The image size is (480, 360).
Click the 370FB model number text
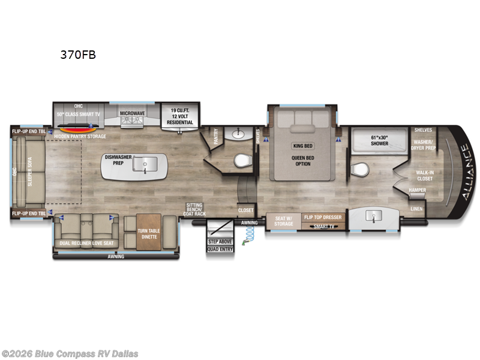coord(77,55)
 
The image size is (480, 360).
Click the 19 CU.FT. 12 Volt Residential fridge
coord(180,116)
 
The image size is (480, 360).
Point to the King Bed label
coord(302,146)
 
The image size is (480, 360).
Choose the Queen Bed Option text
coord(302,160)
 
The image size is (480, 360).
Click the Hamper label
coord(417,190)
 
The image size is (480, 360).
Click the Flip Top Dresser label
coord(323,217)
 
